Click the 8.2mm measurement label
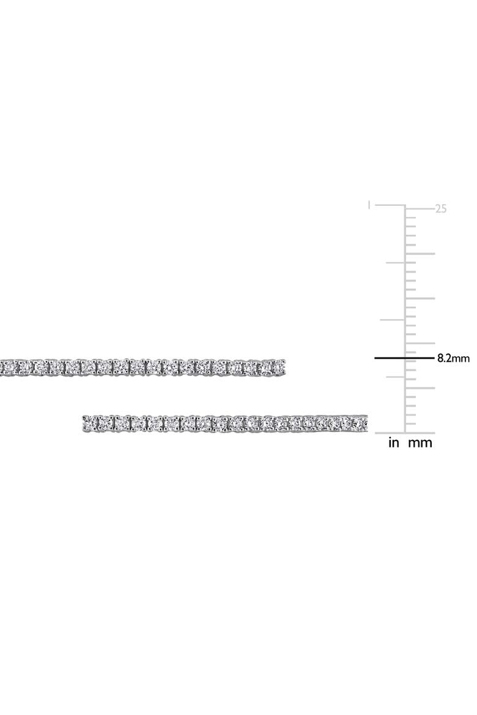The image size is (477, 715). point(453,358)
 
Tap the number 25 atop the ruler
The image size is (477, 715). point(440,209)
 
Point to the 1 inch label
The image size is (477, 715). point(369,206)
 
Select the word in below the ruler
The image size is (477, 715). point(393,443)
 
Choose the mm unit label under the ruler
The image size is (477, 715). point(420,443)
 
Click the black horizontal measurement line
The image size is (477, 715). point(404,358)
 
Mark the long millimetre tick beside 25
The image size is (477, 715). point(420,209)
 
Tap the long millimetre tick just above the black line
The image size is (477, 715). point(420,343)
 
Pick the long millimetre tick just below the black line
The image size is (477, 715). point(420,388)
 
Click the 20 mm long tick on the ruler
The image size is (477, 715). point(420,254)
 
